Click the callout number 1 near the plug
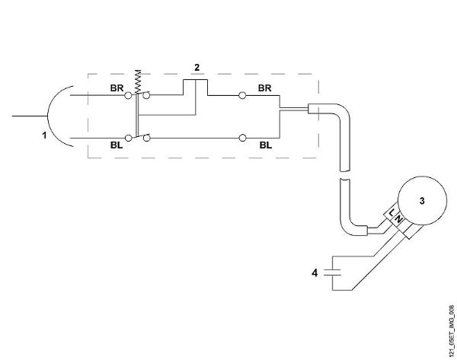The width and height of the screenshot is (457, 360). click(x=44, y=135)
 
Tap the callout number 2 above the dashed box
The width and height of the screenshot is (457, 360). click(x=197, y=68)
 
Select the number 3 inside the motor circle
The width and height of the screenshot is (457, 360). click(x=422, y=201)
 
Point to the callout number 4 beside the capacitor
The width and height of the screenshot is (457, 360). click(x=315, y=273)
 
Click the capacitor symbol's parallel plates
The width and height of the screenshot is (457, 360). click(x=333, y=272)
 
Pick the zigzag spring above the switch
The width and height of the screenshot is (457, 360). click(x=138, y=81)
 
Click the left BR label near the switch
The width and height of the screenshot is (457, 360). click(x=117, y=88)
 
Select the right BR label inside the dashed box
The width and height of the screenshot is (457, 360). click(x=264, y=88)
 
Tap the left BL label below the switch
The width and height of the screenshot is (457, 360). click(x=117, y=145)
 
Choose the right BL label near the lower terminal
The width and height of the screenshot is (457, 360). click(x=266, y=145)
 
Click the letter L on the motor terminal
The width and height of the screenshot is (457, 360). click(x=391, y=212)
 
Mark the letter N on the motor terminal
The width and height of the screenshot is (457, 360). click(x=398, y=220)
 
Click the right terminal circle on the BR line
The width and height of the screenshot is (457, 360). click(x=242, y=95)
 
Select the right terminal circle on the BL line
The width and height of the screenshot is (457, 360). click(x=242, y=138)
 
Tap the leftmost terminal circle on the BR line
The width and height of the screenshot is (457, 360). click(x=128, y=95)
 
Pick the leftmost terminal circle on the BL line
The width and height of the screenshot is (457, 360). click(x=128, y=138)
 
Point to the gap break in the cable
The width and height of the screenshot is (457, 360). click(x=345, y=175)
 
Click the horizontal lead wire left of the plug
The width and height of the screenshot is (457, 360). click(x=30, y=116)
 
